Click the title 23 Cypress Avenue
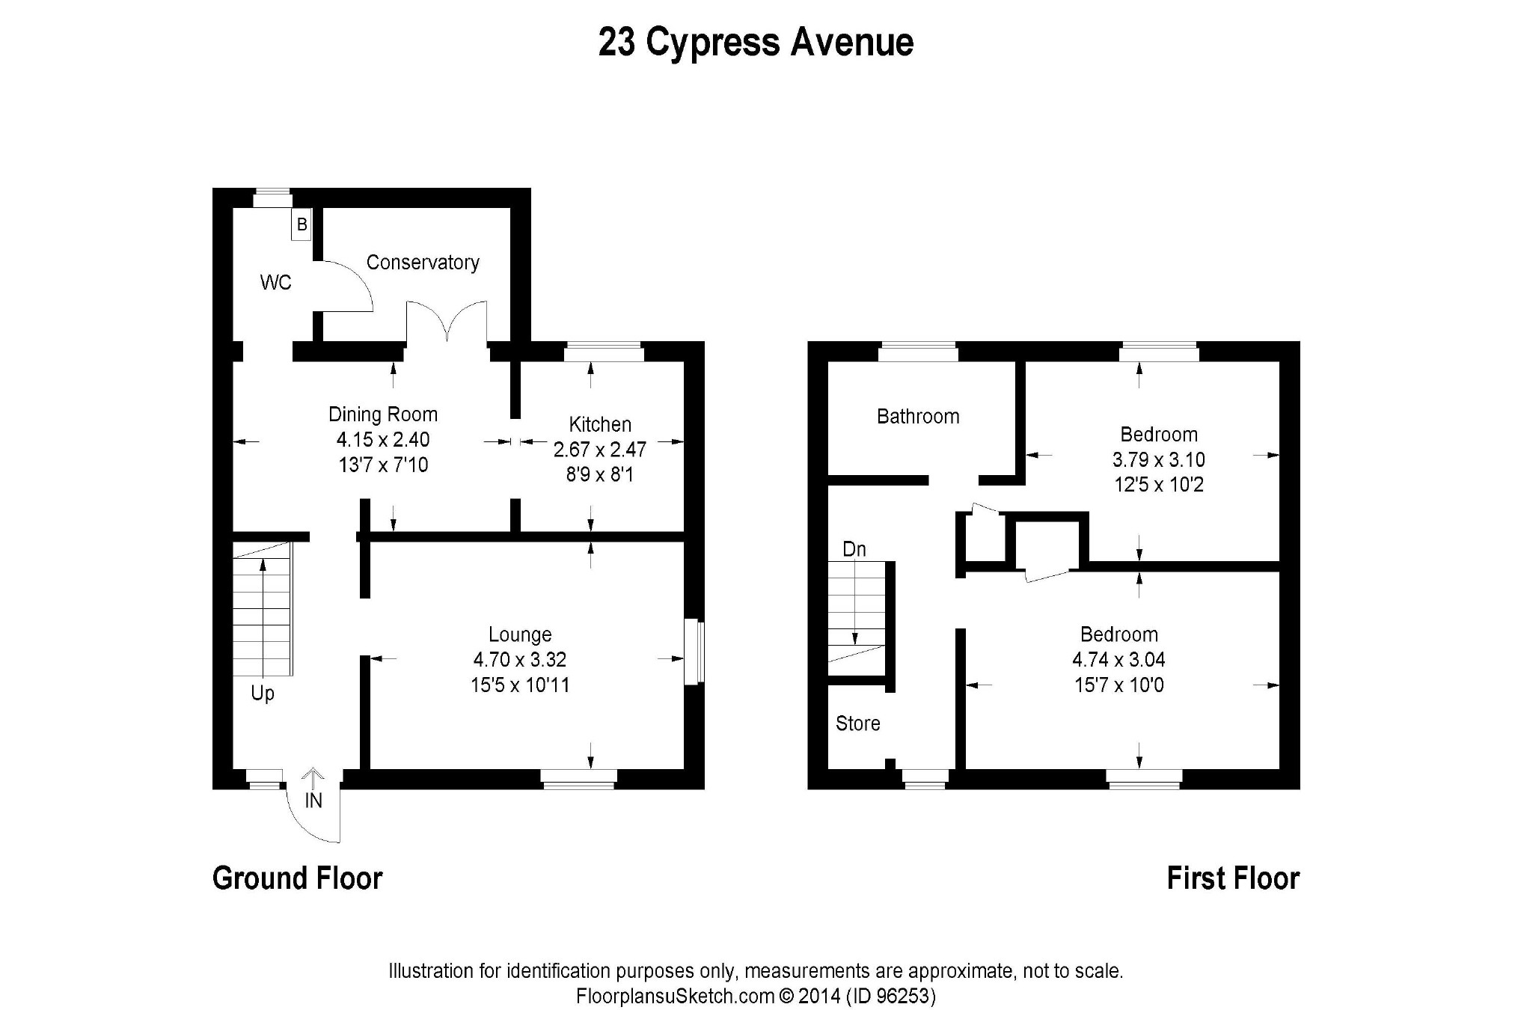[756, 43]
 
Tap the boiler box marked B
[302, 224]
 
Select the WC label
[275, 283]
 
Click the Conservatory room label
[423, 263]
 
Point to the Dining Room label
[383, 414]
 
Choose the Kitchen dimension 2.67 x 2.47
[600, 450]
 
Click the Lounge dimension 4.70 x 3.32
[520, 660]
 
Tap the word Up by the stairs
[263, 694]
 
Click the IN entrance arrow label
[313, 801]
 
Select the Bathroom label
[918, 417]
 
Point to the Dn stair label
[854, 550]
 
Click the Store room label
[858, 723]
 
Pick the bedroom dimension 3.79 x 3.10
[1159, 460]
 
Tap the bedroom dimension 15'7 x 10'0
[1119, 685]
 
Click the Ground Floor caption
[298, 878]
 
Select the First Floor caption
[1233, 878]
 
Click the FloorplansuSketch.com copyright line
[756, 997]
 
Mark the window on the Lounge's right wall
[694, 651]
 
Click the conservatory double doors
[447, 322]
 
